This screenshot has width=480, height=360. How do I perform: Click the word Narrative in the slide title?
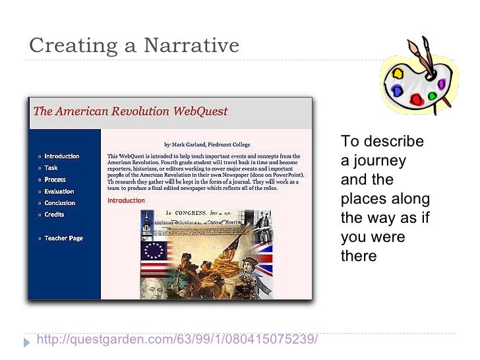(x=191, y=45)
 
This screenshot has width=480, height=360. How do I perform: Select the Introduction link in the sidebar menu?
(x=61, y=156)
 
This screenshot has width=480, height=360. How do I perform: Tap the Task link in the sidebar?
(x=51, y=168)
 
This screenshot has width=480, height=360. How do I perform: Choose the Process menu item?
(x=55, y=179)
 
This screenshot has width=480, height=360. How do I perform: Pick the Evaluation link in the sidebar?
(x=59, y=191)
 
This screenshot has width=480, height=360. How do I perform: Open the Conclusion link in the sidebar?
(x=59, y=203)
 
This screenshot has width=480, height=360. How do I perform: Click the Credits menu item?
(x=54, y=214)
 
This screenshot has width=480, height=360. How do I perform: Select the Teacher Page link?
(x=63, y=238)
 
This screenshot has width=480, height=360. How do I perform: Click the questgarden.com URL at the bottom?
(x=177, y=340)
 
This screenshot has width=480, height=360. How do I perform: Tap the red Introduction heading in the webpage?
(x=125, y=200)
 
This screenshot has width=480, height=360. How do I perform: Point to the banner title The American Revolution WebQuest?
(x=130, y=111)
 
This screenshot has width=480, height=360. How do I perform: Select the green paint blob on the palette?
(x=433, y=96)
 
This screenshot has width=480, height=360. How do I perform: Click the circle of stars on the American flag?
(x=154, y=250)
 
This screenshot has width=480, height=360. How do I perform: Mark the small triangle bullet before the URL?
(x=27, y=342)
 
